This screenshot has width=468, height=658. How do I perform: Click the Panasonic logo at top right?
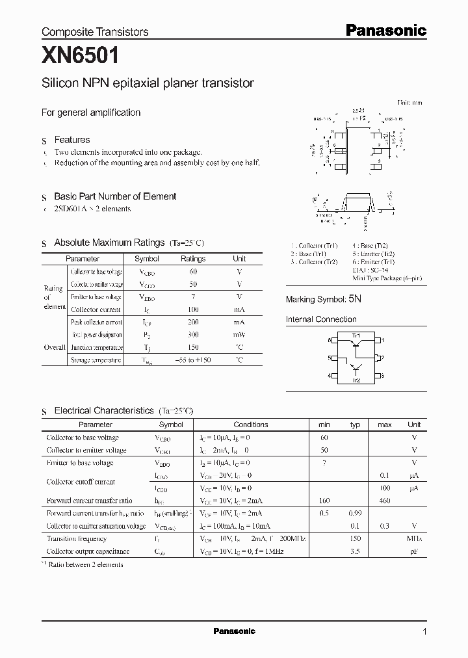(385, 30)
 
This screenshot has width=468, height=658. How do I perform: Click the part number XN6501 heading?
(80, 57)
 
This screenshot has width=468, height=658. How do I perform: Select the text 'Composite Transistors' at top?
(95, 31)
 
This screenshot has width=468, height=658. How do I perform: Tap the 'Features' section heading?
(71, 140)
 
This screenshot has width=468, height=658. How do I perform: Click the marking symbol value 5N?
(355, 299)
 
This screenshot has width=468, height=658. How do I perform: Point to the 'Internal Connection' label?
(321, 319)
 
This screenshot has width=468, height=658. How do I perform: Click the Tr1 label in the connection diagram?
(356, 335)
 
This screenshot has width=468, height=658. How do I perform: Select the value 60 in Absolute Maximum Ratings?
(193, 272)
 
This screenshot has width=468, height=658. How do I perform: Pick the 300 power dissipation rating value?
(193, 335)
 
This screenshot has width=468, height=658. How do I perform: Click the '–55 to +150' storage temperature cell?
(193, 360)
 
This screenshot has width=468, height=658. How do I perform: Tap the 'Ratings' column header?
(193, 259)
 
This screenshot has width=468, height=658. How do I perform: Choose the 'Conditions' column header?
(251, 425)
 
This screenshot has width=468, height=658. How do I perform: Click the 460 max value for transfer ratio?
(384, 501)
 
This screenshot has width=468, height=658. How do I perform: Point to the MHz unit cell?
(413, 539)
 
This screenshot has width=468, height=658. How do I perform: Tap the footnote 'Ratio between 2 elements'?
(84, 565)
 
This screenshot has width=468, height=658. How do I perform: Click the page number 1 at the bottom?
(424, 631)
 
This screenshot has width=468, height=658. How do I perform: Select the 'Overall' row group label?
(54, 347)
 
